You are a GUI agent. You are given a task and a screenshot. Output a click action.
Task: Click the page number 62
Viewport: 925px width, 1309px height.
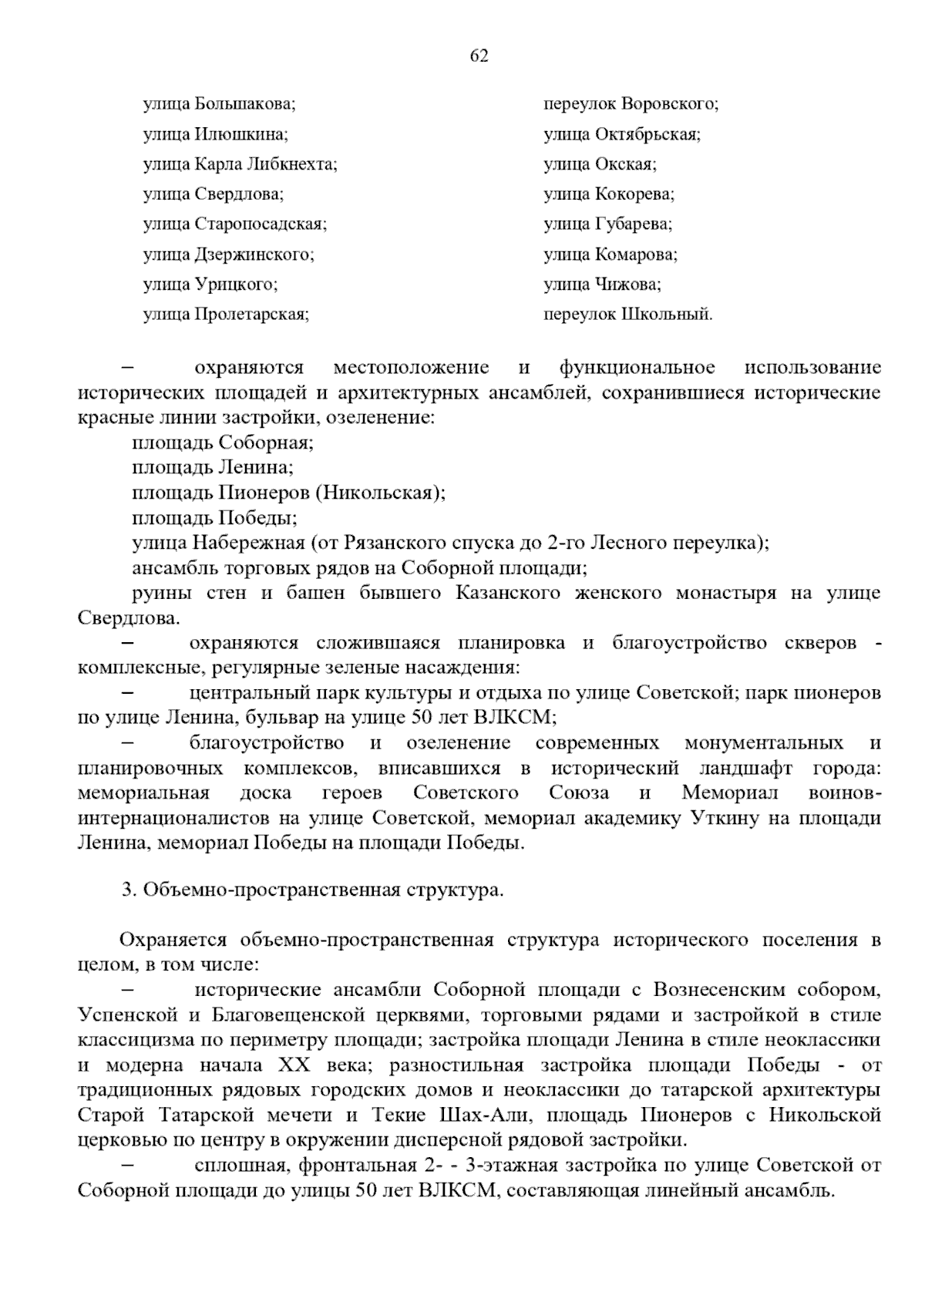coord(479,56)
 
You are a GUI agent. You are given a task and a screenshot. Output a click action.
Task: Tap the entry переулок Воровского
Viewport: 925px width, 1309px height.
coord(631,104)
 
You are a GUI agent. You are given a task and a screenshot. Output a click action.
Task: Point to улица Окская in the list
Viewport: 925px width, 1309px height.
coord(600,164)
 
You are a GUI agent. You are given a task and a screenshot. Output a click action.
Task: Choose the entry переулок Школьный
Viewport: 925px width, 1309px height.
coord(627,315)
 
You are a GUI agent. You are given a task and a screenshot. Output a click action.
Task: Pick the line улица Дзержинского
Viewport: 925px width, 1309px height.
coord(228,254)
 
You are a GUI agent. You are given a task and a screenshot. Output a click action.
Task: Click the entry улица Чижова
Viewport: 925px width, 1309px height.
coord(602,284)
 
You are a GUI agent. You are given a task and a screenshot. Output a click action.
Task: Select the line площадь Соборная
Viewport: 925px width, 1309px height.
coord(223,443)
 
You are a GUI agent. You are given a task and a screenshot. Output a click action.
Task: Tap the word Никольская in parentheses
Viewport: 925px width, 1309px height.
coord(381,493)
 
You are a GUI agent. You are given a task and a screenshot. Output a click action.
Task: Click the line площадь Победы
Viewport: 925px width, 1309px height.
coord(215,518)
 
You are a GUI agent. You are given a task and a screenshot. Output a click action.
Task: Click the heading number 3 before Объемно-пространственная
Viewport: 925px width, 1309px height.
coord(128,890)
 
